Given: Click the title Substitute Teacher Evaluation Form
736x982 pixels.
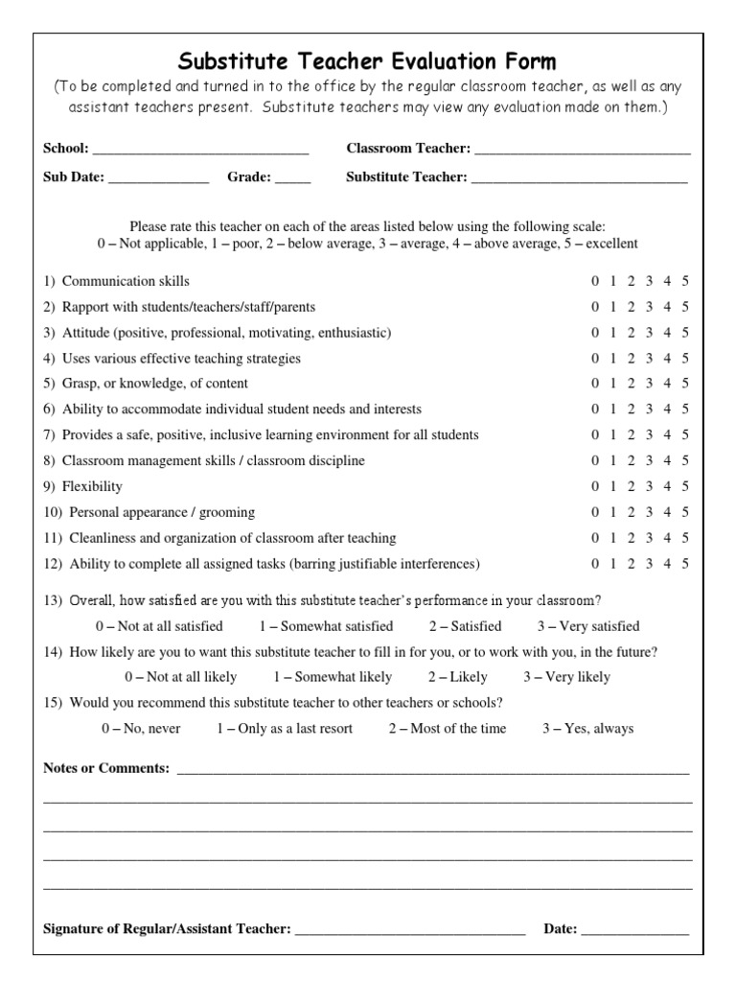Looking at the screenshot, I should (368, 63).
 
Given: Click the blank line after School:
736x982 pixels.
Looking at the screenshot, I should (200, 150).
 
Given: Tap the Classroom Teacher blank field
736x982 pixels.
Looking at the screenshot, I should (583, 150).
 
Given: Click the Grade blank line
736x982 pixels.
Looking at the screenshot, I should (293, 178).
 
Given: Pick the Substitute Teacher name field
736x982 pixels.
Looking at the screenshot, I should (579, 178).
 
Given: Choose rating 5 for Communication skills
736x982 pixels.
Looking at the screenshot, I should (685, 281).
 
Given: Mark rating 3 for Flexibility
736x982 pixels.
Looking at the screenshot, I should (650, 486).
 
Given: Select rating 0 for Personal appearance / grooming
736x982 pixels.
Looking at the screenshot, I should (595, 512).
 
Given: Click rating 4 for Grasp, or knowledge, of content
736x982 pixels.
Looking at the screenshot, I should (668, 384).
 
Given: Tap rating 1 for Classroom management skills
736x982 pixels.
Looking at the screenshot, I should (613, 460).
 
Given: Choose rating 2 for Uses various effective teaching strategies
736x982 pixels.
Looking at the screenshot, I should (632, 359).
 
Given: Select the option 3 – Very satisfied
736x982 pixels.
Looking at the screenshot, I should (587, 626).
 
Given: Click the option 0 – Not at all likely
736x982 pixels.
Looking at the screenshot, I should (165, 677).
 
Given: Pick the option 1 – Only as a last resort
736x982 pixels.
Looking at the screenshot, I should (284, 729).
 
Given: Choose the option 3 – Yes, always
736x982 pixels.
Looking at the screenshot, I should (587, 729).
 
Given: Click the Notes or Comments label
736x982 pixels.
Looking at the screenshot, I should (106, 769).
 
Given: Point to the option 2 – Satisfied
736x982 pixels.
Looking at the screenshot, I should (465, 626).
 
